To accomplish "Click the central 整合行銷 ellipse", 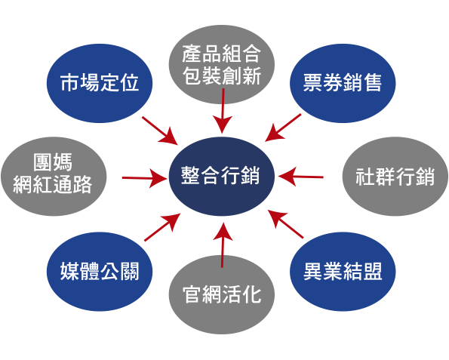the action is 222,176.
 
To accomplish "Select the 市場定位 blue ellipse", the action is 100,83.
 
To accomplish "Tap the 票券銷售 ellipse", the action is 343,83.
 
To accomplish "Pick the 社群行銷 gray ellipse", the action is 395,177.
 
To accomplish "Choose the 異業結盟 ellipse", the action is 343,272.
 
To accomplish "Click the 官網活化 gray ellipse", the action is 222,294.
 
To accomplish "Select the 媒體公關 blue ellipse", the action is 100,272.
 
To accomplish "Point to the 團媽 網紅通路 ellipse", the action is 54,177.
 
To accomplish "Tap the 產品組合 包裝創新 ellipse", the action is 222,65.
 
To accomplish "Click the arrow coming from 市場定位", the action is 160,130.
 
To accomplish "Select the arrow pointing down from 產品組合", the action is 223,111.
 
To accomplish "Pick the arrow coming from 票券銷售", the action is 283,128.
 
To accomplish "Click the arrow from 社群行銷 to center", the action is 300,177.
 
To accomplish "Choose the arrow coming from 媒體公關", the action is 162,227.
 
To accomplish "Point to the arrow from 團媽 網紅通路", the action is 145,178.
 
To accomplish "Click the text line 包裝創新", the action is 222,76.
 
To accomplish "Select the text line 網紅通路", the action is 53,184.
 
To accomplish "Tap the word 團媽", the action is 53,162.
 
